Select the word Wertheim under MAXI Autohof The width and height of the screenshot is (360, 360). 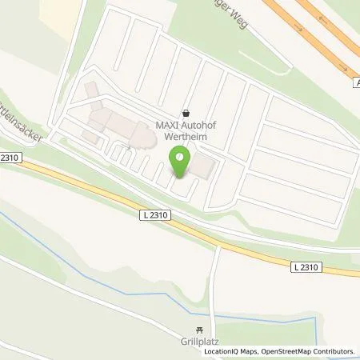coord(188,137)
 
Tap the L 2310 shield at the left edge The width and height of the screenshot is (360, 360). coord(11,160)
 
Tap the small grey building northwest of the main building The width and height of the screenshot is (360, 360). coord(89,87)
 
